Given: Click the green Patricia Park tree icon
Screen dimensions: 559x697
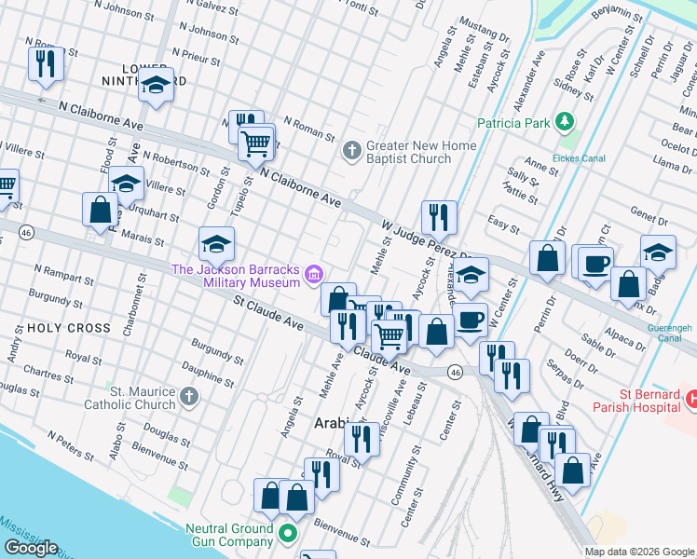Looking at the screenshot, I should coord(564,122).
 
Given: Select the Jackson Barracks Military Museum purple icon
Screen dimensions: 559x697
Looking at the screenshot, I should coord(314,273).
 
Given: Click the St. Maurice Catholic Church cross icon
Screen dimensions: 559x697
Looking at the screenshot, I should coord(188,397).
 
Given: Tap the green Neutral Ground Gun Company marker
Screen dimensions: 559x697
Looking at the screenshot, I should coord(288,534).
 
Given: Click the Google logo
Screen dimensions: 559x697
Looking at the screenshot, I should coord(32,548).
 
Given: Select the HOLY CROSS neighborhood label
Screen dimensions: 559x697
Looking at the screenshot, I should coord(56,328).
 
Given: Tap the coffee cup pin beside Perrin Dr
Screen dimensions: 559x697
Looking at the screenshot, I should coord(595,264).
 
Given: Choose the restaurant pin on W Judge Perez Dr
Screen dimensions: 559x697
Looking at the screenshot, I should coord(439,217).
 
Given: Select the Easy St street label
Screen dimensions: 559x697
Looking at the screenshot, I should coord(504,225).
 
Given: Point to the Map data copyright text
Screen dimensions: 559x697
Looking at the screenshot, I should coord(639,551).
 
